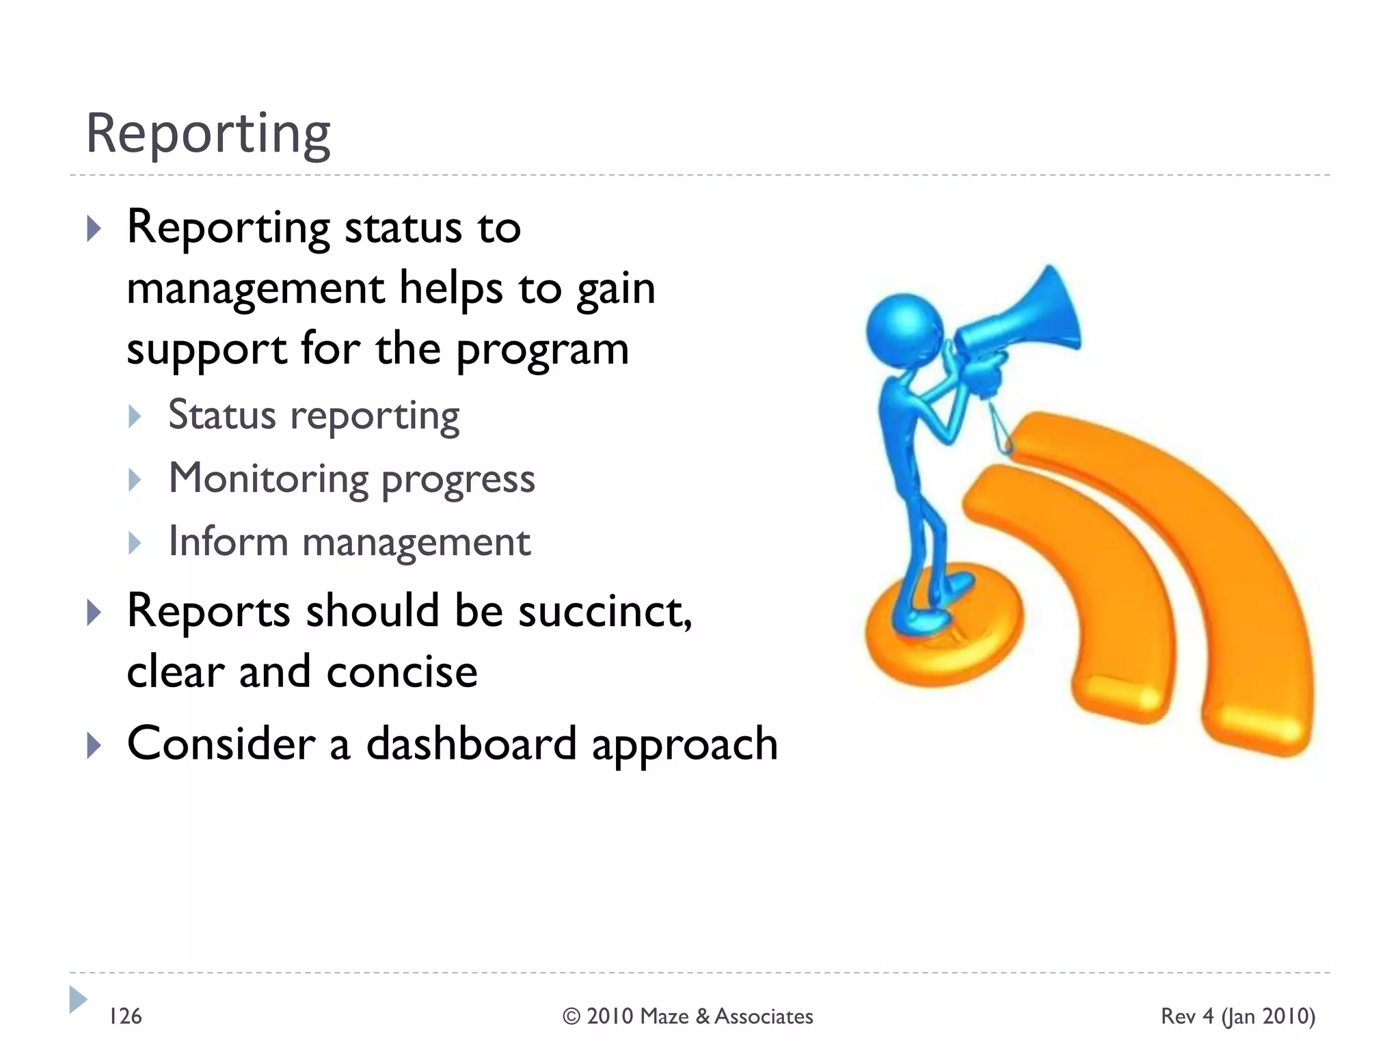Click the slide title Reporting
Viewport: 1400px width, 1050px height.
click(x=208, y=134)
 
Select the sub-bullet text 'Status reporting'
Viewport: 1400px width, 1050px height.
click(x=314, y=415)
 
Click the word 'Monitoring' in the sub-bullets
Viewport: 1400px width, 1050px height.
click(x=269, y=478)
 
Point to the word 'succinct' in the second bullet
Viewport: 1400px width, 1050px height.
click(x=604, y=610)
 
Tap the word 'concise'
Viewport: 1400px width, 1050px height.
click(x=402, y=671)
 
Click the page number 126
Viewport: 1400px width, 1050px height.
click(x=125, y=1017)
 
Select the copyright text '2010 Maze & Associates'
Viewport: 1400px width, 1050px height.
click(x=699, y=1017)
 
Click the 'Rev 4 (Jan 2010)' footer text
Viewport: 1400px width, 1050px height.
click(x=1237, y=1017)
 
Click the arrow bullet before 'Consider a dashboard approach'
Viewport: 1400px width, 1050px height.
click(x=94, y=744)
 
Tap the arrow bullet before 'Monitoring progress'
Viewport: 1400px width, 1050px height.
click(x=135, y=480)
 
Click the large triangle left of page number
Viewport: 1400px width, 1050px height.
click(x=77, y=999)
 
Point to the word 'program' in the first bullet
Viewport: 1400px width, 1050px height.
click(x=541, y=351)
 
